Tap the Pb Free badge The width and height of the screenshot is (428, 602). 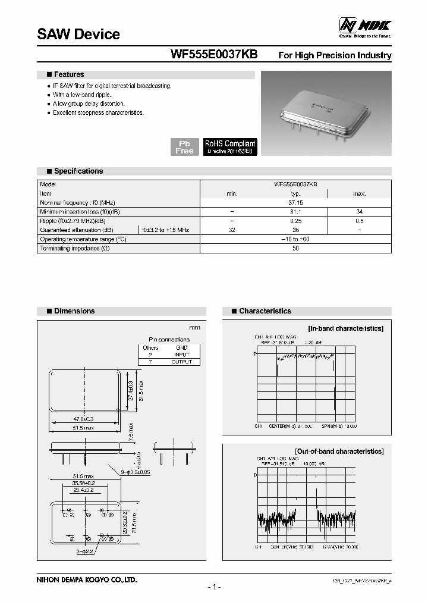(x=184, y=147)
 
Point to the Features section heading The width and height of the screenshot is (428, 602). (x=69, y=74)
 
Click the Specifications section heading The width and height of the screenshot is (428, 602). (x=78, y=171)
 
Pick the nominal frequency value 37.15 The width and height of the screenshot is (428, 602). (x=295, y=202)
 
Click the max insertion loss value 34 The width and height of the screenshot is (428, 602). (x=359, y=211)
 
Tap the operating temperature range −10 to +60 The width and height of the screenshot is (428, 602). (x=295, y=239)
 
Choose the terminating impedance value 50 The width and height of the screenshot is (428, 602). (x=295, y=247)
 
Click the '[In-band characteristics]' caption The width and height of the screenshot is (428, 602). (x=345, y=328)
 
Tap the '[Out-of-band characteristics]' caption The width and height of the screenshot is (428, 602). (x=339, y=451)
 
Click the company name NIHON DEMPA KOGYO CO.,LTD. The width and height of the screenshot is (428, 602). (x=87, y=579)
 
